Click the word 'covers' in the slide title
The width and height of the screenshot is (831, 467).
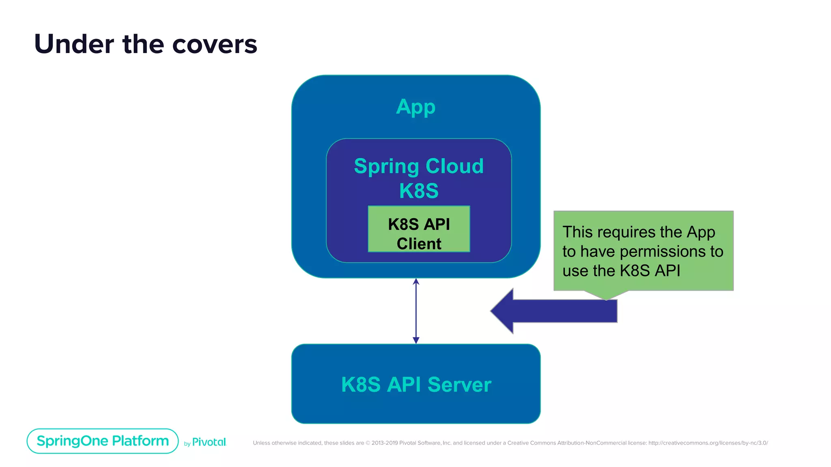215,45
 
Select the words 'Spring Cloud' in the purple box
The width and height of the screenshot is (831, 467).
419,166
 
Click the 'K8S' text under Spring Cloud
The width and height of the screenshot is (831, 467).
419,191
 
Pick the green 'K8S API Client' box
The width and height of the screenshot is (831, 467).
419,229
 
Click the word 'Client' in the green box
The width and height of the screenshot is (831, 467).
419,244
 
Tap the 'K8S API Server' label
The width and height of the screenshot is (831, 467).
416,384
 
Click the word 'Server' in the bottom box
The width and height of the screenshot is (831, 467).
459,384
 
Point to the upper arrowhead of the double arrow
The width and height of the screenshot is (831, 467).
416,281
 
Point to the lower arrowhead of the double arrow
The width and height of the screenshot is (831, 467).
416,340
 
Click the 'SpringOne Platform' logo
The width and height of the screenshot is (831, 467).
103,441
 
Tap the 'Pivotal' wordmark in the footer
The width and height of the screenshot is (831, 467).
209,442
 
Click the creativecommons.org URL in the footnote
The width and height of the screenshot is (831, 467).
708,443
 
